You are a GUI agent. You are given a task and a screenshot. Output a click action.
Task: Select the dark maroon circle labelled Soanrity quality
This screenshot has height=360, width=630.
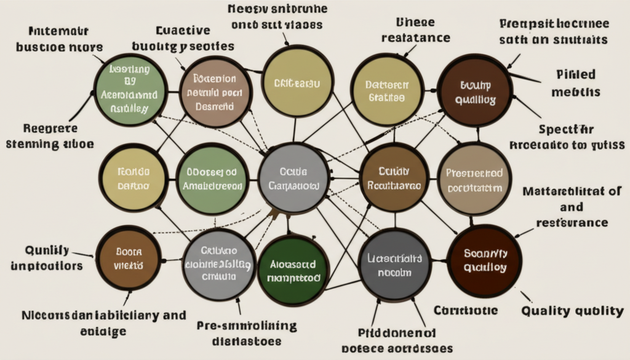(485, 260)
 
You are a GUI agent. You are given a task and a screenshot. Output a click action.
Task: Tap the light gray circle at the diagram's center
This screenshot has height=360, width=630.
(293, 178)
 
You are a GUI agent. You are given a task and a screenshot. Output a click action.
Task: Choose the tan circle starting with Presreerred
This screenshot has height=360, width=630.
(474, 180)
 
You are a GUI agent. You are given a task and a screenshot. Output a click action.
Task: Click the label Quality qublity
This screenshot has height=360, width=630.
(572, 311)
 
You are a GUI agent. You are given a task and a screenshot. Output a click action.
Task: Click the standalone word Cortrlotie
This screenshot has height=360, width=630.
(466, 310)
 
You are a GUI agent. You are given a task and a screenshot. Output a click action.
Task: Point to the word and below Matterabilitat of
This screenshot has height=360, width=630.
(572, 207)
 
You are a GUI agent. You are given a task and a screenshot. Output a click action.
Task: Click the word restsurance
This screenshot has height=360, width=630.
(572, 222)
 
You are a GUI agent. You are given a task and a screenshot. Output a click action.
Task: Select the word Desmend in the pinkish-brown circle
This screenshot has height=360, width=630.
(213, 106)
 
